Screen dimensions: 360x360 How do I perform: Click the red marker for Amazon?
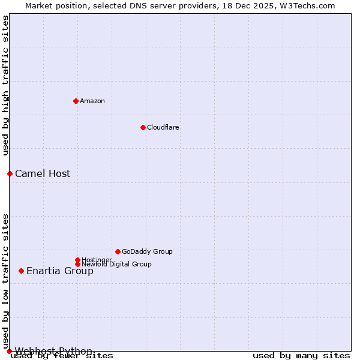pyautogui.click(x=76, y=101)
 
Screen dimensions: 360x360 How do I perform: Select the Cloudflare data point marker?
pyautogui.click(x=143, y=127)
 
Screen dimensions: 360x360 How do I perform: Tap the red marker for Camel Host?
pyautogui.click(x=10, y=173)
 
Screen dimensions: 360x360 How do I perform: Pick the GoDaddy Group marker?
pyautogui.click(x=118, y=251)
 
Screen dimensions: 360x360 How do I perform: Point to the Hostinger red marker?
pyautogui.click(x=77, y=260)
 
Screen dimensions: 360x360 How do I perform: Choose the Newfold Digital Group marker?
pyautogui.click(x=77, y=264)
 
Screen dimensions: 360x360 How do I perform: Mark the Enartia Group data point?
pyautogui.click(x=21, y=271)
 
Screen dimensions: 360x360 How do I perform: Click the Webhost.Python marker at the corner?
pyautogui.click(x=9, y=351)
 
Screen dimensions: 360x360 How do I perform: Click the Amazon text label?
pyautogui.click(x=92, y=101)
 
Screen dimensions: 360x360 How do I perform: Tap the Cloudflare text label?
pyautogui.click(x=163, y=127)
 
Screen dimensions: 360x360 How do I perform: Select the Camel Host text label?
pyautogui.click(x=43, y=174)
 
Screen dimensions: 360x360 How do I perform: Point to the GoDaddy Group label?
pyautogui.click(x=147, y=251)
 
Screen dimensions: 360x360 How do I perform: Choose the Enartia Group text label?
pyautogui.click(x=60, y=271)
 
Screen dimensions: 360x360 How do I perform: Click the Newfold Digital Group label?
pyautogui.click(x=116, y=265)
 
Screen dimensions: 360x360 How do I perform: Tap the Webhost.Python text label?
pyautogui.click(x=53, y=351)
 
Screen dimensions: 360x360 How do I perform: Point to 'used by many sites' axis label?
pyautogui.click(x=301, y=356)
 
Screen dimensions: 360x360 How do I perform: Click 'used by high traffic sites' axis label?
pyautogui.click(x=6, y=86)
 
